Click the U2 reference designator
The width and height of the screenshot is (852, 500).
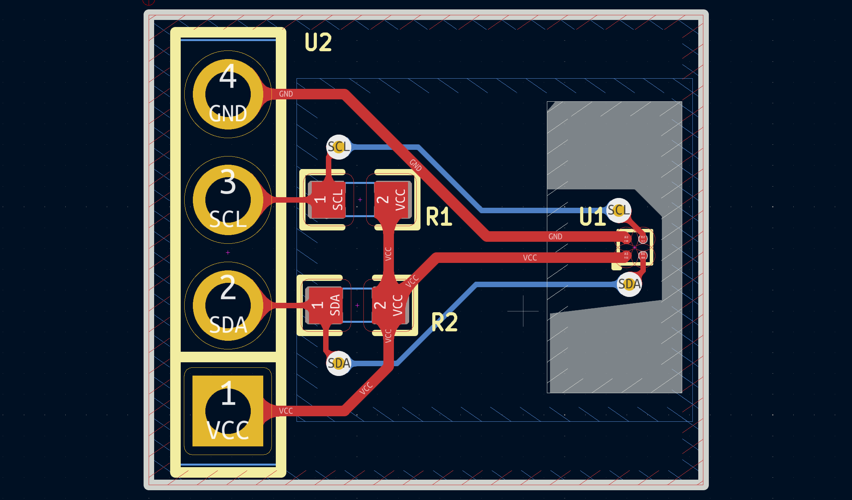(x=318, y=42)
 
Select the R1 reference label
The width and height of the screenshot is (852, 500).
(x=439, y=217)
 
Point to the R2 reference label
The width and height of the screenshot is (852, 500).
(x=444, y=322)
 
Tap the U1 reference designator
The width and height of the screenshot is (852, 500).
(x=592, y=217)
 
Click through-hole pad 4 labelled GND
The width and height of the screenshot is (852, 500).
(x=228, y=94)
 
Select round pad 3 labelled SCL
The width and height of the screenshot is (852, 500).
(x=228, y=200)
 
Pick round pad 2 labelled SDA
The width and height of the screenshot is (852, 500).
(x=228, y=306)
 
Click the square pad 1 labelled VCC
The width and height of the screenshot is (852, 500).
(x=228, y=411)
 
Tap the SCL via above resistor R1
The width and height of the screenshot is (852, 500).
(x=338, y=147)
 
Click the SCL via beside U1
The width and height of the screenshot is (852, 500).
(x=618, y=210)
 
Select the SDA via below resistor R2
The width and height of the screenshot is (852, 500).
(x=338, y=363)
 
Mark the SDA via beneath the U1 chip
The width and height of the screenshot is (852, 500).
(x=629, y=284)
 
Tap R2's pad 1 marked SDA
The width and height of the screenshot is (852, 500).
(x=325, y=305)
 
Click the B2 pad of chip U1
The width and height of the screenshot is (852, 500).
(x=643, y=238)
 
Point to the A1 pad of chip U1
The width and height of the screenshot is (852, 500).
(x=626, y=255)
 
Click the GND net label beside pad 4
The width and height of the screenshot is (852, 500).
(x=286, y=94)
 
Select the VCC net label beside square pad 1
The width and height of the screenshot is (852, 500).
(x=286, y=411)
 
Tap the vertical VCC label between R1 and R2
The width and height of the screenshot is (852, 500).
(x=388, y=254)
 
